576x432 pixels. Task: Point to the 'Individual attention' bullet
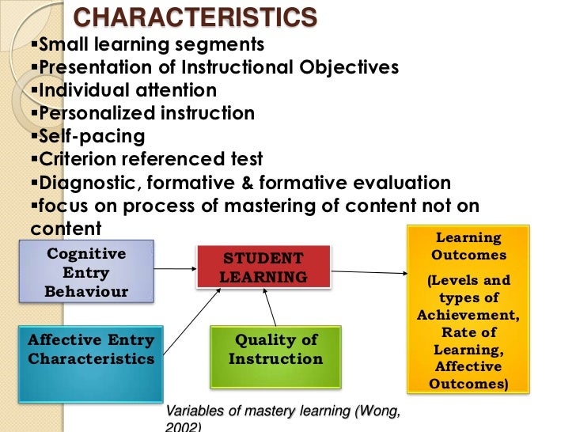pyautogui.click(x=127, y=90)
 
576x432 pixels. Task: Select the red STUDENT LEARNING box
pyautogui.click(x=263, y=267)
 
